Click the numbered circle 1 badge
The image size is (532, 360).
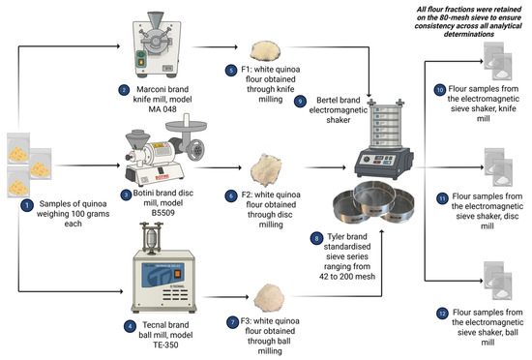click(27, 205)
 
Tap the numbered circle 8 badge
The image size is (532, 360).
click(316, 238)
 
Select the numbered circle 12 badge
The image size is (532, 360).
click(442, 314)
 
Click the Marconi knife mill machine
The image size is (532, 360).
click(157, 45)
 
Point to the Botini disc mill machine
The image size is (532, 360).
click(166, 151)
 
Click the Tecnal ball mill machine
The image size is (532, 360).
click(163, 268)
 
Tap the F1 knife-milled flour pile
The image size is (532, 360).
click(265, 50)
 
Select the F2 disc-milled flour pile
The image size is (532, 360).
click(266, 170)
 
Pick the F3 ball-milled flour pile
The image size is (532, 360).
click(269, 297)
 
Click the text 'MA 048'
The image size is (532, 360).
click(163, 109)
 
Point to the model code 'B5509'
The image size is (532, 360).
click(163, 213)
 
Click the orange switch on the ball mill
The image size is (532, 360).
click(177, 274)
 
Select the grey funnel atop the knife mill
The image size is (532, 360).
click(156, 20)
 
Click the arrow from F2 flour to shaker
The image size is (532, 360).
click(325, 167)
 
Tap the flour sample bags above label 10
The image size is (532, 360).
click(498, 61)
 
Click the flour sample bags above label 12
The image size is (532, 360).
click(498, 281)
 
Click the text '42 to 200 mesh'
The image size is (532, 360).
click(347, 277)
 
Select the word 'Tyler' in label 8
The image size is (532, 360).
click(336, 236)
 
